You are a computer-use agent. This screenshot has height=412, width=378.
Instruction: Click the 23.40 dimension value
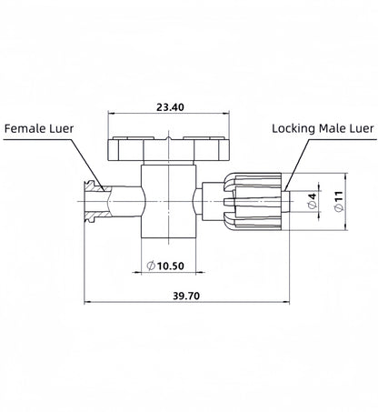pos(170,106)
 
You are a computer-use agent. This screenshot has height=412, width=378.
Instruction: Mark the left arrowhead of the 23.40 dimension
pos(112,115)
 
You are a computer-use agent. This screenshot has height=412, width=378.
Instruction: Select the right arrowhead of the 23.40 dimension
pos(228,115)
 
